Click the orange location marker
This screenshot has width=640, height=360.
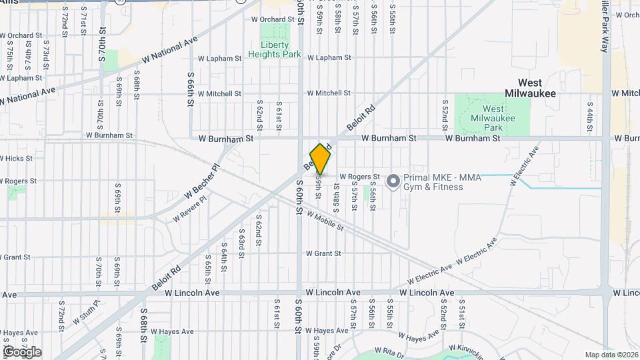320,159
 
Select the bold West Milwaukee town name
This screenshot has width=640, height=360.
529,88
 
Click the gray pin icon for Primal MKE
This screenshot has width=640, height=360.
393,181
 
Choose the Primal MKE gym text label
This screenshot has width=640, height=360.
433,182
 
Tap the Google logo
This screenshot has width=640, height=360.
22,352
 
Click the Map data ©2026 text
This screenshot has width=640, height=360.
611,355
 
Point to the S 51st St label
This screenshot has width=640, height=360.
460,310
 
